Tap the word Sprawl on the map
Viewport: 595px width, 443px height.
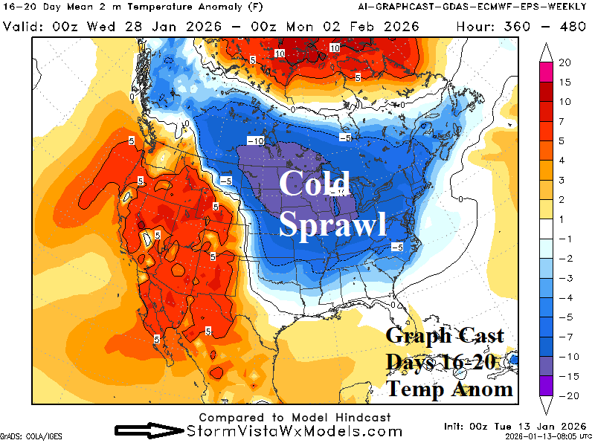(332, 223)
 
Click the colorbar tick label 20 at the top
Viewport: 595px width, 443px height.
(564, 62)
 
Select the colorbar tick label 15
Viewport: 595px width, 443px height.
(564, 82)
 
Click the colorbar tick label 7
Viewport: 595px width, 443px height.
(564, 120)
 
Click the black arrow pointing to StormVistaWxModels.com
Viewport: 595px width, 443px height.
(148, 430)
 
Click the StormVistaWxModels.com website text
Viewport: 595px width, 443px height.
(295, 431)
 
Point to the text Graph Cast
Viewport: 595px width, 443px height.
(444, 336)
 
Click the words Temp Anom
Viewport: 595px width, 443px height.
(449, 388)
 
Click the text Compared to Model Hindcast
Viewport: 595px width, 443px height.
(295, 418)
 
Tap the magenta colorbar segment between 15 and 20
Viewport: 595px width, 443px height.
(543, 72)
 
